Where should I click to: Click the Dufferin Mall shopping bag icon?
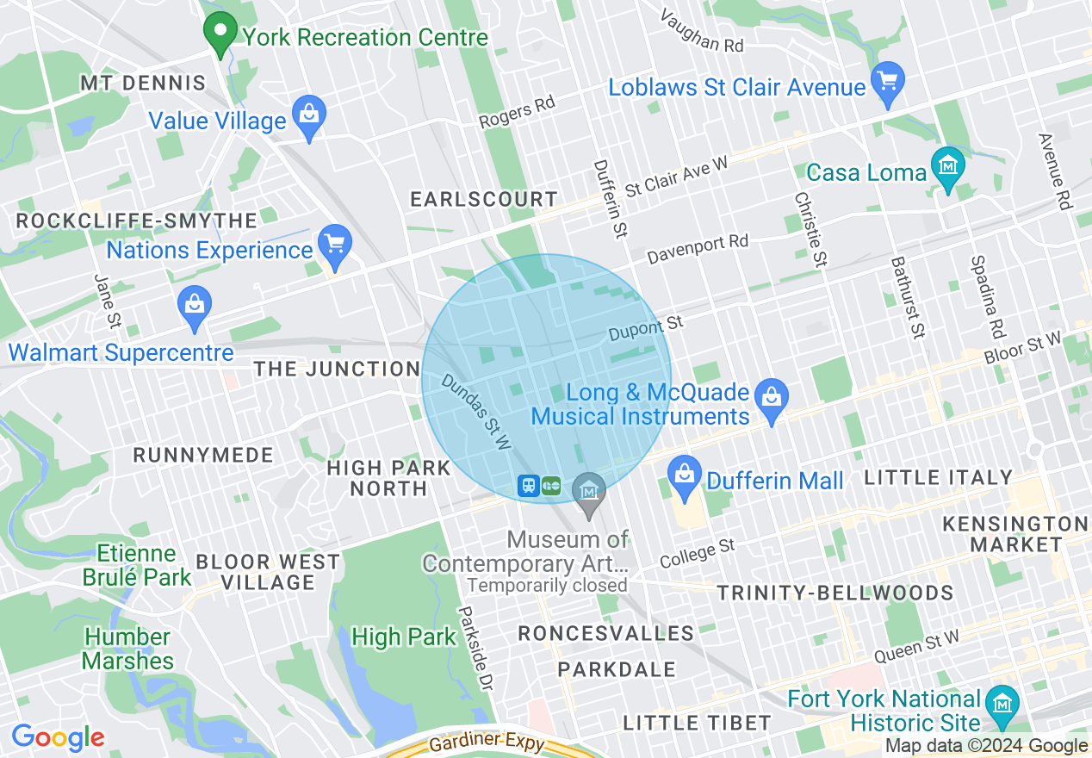click(685, 479)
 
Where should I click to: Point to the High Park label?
click(404, 637)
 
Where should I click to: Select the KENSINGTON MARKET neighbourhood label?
click(1015, 534)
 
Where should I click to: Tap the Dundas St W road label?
click(477, 411)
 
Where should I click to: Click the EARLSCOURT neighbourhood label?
click(484, 199)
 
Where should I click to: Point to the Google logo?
click(57, 738)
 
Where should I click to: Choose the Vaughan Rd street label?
click(702, 32)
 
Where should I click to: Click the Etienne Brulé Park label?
click(138, 565)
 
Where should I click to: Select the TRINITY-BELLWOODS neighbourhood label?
click(835, 593)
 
